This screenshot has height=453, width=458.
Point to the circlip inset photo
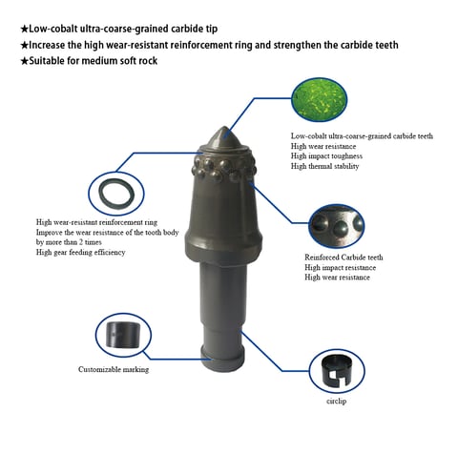point(339,370)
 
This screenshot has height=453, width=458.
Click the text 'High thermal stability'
point(326,166)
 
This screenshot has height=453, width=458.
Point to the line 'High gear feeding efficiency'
point(80,252)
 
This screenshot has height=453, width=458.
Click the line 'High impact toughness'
point(326,156)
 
